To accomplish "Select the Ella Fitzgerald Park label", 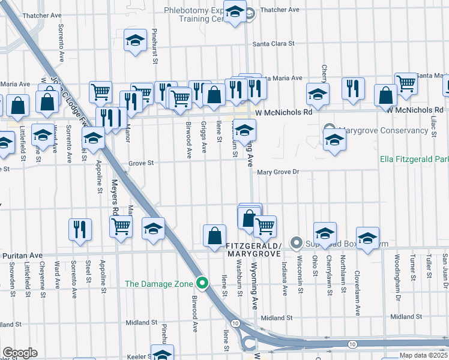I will pos(414,160).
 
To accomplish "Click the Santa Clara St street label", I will pos(273,44).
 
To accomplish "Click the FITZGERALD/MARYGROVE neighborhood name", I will pos(254,250).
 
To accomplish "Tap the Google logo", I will pos(20,352).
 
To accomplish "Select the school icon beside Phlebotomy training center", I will pos(235,12).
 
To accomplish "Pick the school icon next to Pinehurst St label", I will pos(135,41).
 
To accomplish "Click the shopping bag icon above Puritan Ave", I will pos(214,236).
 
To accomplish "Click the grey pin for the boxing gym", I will pos(295,242).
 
